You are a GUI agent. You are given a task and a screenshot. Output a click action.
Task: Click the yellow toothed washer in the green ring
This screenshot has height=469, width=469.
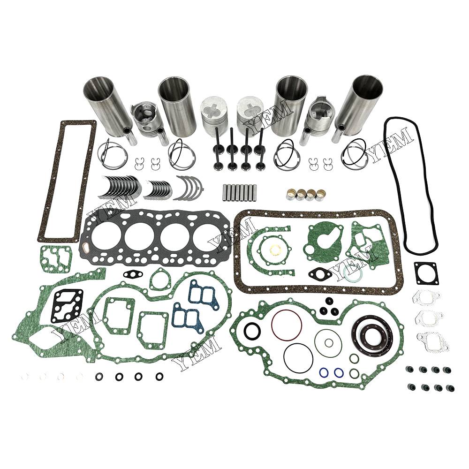pyautogui.click(x=274, y=250)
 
